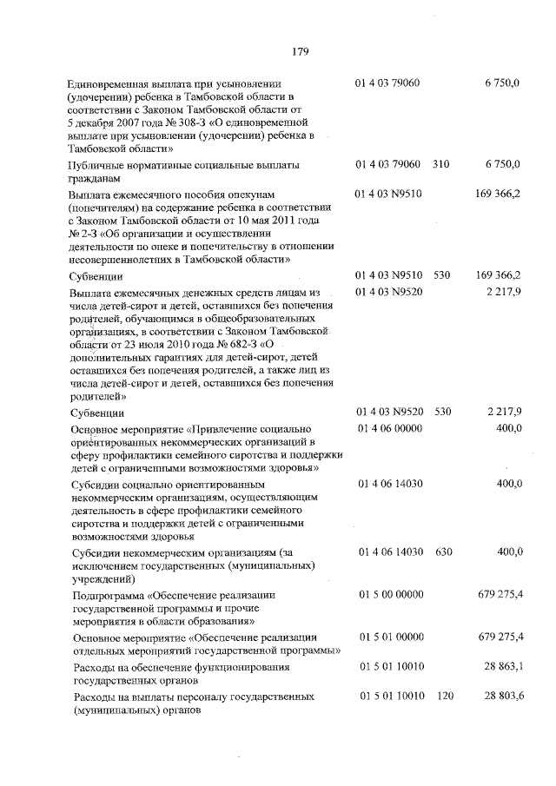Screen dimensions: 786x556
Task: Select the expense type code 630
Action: (x=440, y=552)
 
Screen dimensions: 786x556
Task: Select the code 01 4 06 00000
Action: (x=388, y=428)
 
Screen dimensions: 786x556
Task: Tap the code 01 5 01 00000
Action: (x=388, y=637)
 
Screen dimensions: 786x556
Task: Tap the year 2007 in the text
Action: (x=147, y=124)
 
